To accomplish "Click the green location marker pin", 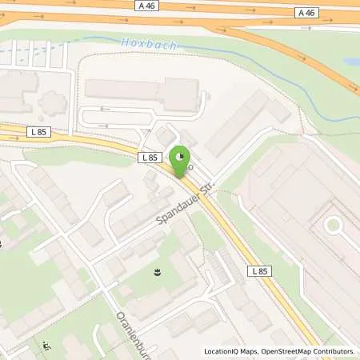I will (x=183, y=160).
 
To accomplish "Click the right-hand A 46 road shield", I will (x=306, y=12).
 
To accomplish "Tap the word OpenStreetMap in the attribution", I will (x=290, y=351).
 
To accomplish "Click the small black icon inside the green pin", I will (x=183, y=155).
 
